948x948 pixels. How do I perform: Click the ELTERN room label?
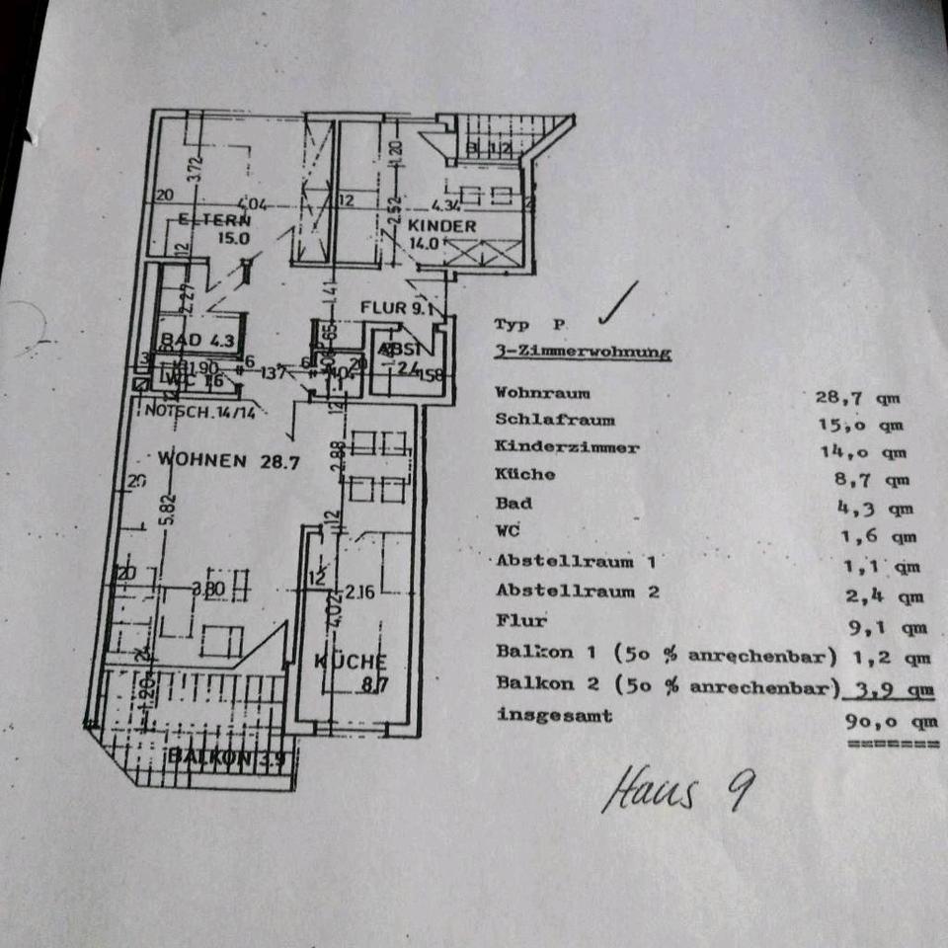(211, 220)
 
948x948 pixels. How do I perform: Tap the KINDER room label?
(442, 226)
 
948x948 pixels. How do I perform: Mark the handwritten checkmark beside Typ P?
(617, 303)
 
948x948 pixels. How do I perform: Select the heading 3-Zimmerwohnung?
(582, 352)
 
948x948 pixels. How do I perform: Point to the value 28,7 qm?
(857, 398)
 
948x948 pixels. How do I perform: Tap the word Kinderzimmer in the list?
(567, 447)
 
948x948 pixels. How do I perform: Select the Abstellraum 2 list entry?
(577, 592)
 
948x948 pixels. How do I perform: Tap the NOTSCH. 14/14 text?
(200, 412)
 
